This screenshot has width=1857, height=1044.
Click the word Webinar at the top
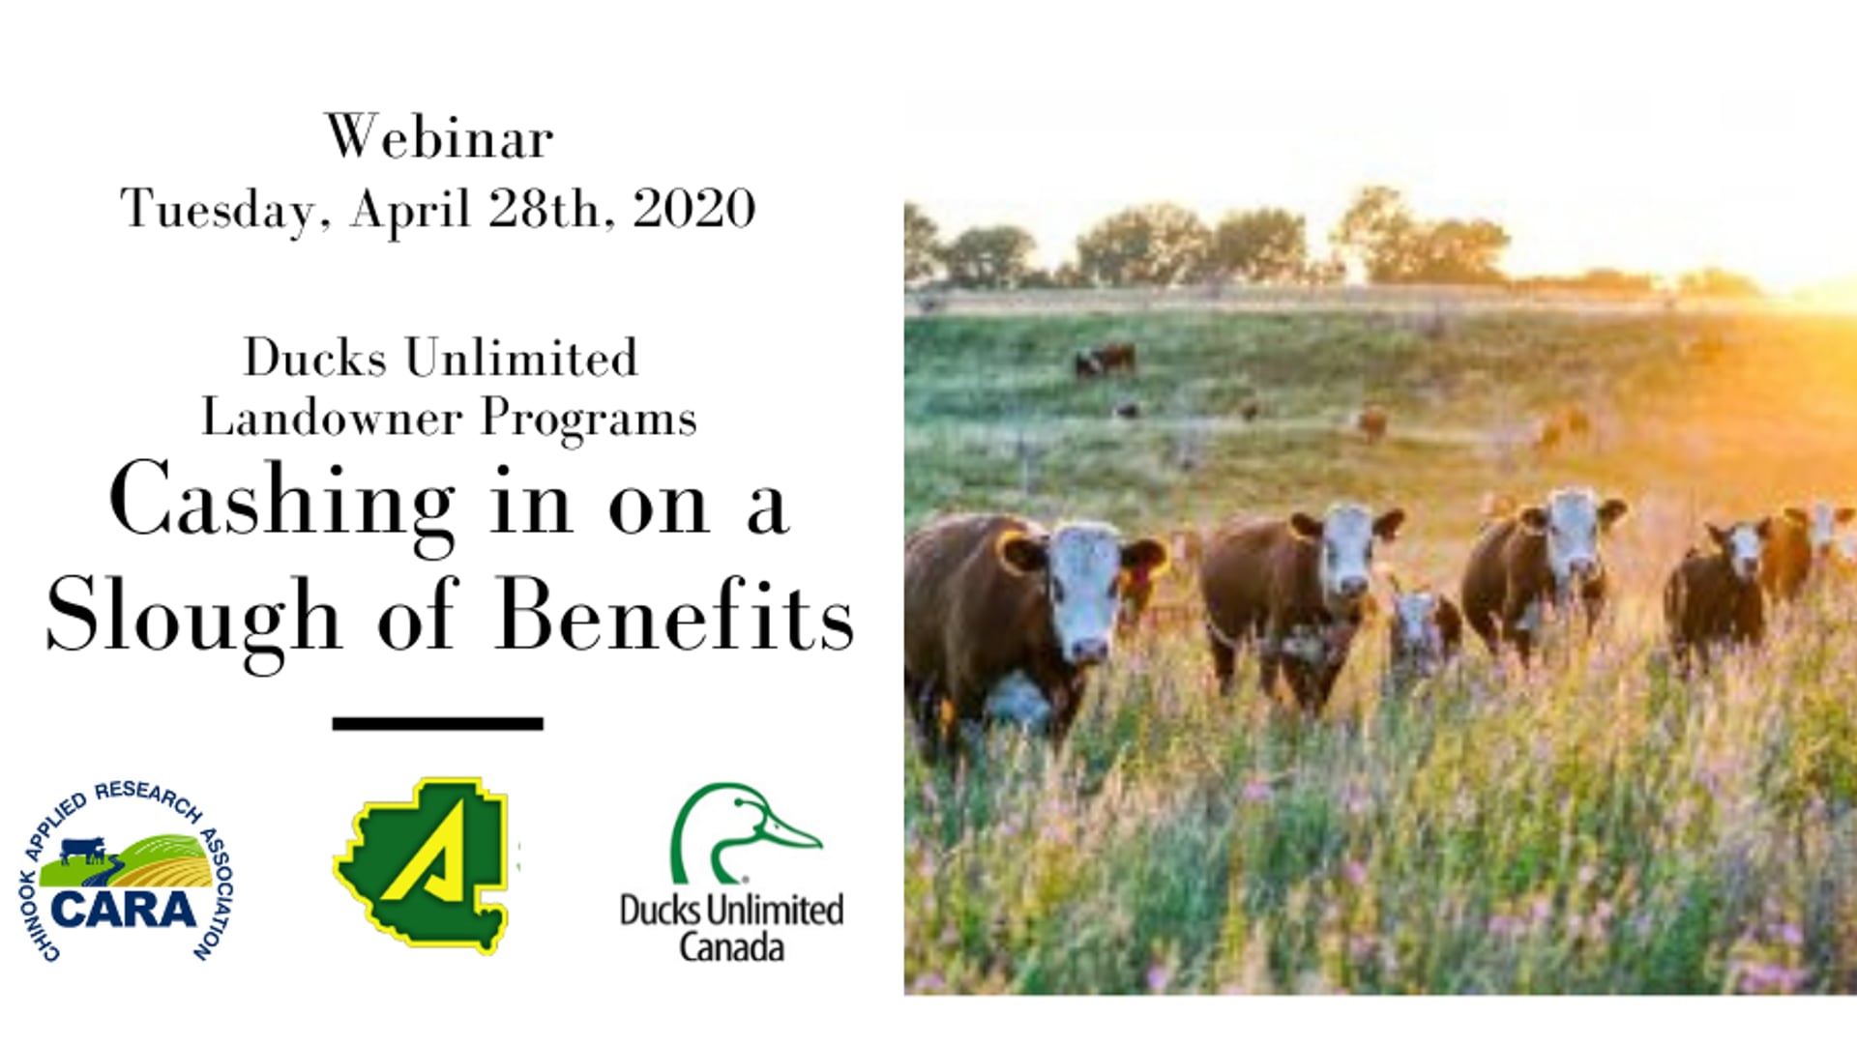click(x=439, y=136)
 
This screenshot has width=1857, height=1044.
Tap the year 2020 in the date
click(x=694, y=208)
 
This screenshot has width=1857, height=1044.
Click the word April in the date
click(x=410, y=210)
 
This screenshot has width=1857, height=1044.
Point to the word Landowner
click(x=332, y=418)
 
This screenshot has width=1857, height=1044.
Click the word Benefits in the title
click(x=675, y=615)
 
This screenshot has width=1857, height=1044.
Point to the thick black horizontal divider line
click(x=437, y=723)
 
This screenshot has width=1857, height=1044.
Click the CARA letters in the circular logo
click(x=123, y=910)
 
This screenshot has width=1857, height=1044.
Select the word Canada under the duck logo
click(x=731, y=947)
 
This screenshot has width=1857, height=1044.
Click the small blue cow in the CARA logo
click(x=83, y=850)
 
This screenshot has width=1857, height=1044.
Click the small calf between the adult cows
click(x=1422, y=633)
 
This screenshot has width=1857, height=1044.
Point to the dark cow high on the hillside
click(x=1105, y=361)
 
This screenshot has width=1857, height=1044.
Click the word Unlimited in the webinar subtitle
click(x=521, y=358)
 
